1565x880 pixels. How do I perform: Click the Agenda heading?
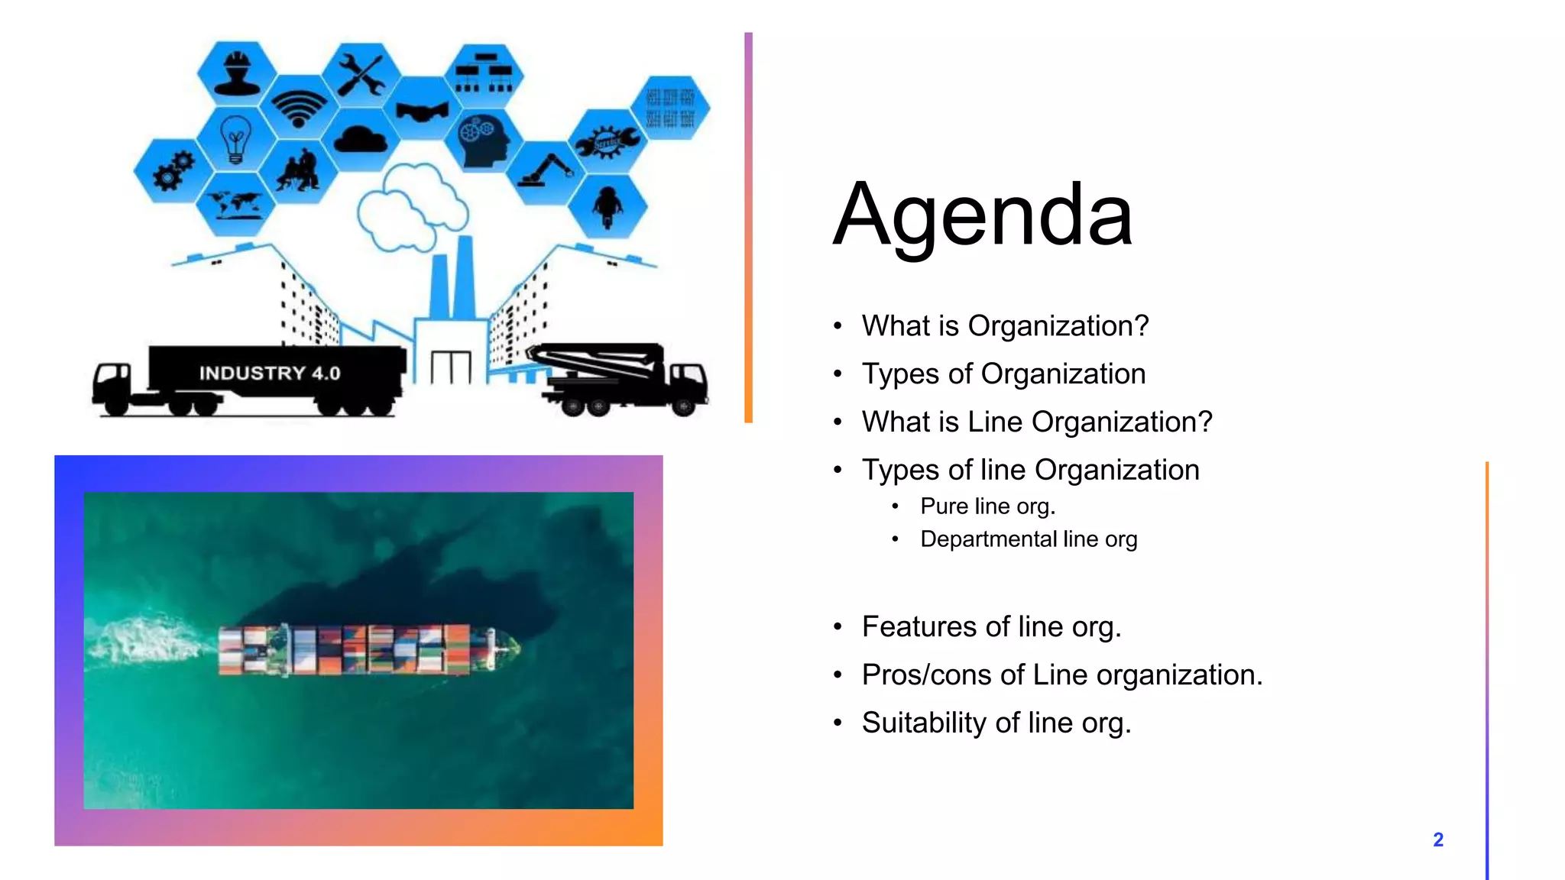coord(983,215)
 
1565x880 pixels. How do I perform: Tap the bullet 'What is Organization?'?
coord(1005,326)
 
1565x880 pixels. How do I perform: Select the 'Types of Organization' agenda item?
coord(1003,374)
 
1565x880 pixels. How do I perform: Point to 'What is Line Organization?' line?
coord(1037,422)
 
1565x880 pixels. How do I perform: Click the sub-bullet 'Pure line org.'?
coord(987,506)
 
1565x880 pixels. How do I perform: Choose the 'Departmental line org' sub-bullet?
coord(1029,539)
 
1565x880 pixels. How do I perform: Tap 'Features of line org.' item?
coord(991,627)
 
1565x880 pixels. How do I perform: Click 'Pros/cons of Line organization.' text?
coord(1062,675)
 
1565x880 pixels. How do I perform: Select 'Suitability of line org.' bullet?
coord(996,723)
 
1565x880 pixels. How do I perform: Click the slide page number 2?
coord(1438,840)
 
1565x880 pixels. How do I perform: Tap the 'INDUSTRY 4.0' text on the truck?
coord(270,374)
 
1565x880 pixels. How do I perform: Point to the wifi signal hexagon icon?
coord(299,107)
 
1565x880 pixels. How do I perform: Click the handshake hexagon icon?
coord(423,112)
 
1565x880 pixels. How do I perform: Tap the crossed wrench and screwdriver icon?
coord(361,74)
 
